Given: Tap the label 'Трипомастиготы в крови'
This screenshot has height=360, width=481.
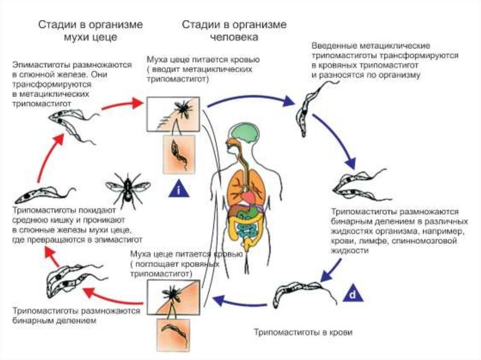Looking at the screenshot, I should coord(303,332).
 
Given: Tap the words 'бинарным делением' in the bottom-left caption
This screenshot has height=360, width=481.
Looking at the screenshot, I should coord(55,321).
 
